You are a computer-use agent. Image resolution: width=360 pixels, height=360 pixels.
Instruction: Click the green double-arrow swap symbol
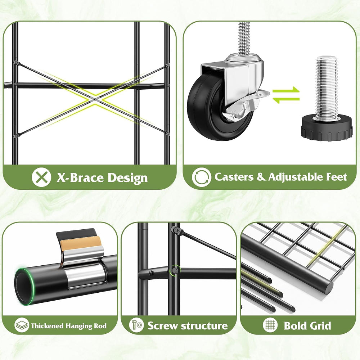pos(286,95)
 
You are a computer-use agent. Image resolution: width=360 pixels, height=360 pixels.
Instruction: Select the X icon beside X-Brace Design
pos(41,177)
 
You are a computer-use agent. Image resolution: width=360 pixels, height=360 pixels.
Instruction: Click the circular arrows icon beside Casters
pos(201,177)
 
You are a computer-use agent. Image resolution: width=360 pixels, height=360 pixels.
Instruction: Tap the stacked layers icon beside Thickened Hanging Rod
pos(22,325)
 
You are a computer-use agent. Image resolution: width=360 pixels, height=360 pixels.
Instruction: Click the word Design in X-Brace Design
pos(127,178)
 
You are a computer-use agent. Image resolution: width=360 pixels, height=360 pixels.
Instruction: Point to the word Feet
pos(337,177)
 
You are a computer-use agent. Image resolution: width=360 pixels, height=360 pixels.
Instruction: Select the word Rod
pos(100,326)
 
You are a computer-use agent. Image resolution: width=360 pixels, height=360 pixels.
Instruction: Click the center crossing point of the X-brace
pos(95,99)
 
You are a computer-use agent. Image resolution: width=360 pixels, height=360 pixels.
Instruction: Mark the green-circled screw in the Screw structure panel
pos(175,270)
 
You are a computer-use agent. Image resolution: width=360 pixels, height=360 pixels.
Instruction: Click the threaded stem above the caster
pos(244,39)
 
